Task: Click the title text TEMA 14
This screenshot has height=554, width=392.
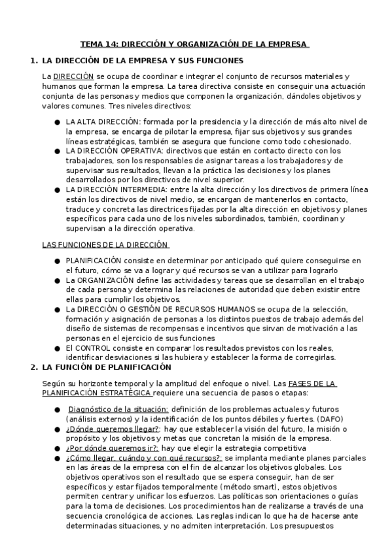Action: tap(98, 44)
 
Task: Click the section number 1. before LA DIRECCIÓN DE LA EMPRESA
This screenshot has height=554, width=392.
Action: tap(34, 61)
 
